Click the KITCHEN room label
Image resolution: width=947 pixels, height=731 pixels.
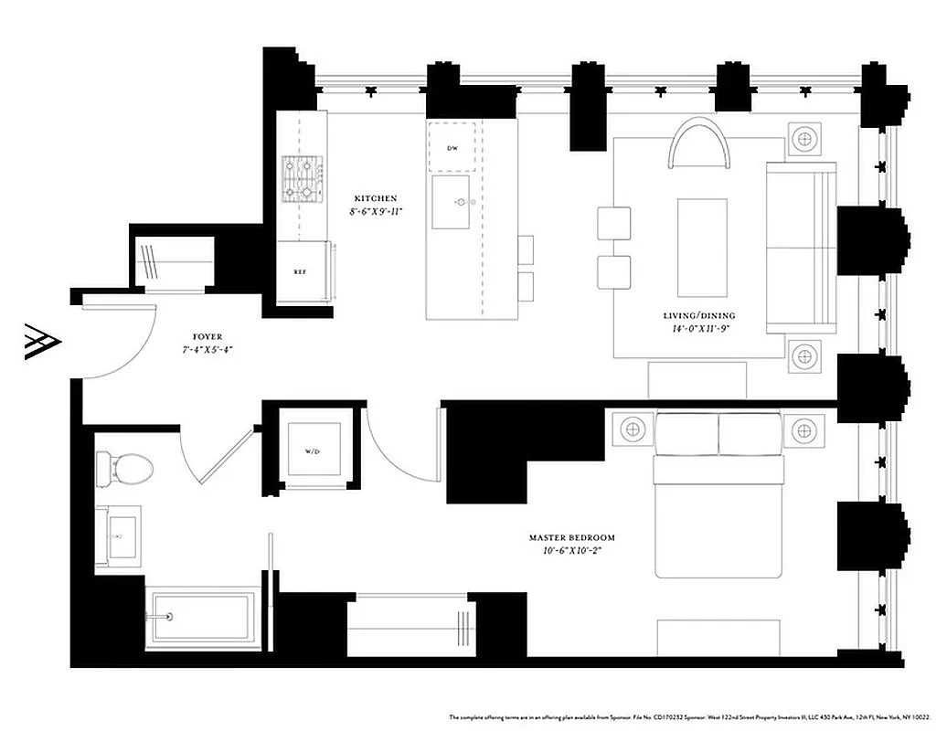coord(376,198)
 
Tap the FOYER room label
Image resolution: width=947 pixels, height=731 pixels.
coord(200,337)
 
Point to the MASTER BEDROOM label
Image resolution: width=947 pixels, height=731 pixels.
coord(572,538)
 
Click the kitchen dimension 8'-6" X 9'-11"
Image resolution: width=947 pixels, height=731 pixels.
coord(376,211)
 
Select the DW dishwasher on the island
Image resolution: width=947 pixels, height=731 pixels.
coord(452,147)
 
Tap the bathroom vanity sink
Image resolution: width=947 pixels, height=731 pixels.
coord(119,537)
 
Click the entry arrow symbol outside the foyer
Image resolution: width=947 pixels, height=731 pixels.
coord(42,342)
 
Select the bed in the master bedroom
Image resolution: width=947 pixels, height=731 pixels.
coord(718,493)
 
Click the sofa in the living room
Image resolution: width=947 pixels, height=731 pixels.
coord(801,247)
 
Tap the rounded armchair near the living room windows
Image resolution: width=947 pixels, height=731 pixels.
coord(700,146)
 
